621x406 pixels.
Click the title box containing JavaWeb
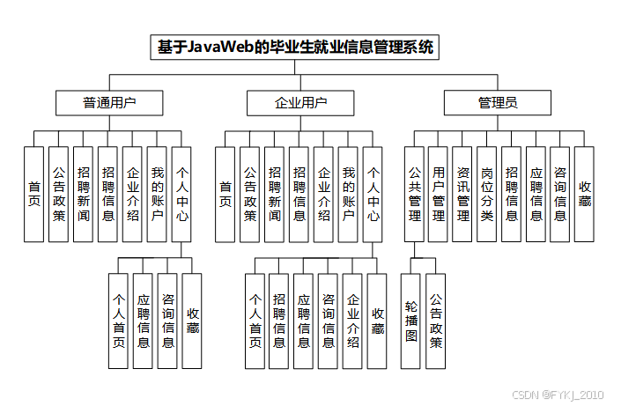[x=296, y=47]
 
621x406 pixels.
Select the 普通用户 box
[x=109, y=103]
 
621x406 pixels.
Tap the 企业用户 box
[x=300, y=103]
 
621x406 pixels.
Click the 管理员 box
[x=498, y=103]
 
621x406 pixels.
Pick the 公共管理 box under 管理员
[x=415, y=194]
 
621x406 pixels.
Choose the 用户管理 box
[x=439, y=194]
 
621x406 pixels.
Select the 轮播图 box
[x=411, y=321]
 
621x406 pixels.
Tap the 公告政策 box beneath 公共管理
[x=436, y=321]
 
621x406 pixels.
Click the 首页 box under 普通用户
[x=34, y=194]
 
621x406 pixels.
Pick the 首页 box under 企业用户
[x=225, y=194]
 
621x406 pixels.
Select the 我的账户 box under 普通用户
[x=157, y=194]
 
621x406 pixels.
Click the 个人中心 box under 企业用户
[x=373, y=194]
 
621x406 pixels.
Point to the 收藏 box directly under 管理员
[x=585, y=194]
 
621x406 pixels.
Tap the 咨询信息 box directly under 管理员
[x=560, y=194]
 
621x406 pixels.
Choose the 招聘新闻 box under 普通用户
[x=83, y=194]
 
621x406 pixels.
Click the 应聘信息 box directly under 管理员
[x=536, y=194]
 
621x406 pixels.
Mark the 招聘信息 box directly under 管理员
[x=512, y=194]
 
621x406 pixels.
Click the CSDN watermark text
[x=558, y=395]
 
